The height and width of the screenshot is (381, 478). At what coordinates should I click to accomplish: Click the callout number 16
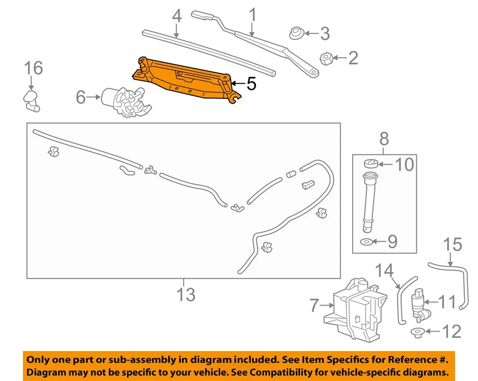click(33, 68)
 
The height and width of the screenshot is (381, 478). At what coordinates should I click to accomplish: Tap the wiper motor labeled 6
click(124, 99)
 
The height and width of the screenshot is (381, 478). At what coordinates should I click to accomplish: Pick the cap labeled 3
click(297, 33)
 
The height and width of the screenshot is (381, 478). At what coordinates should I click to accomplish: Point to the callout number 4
click(176, 16)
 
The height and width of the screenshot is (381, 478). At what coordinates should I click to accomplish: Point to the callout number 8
click(384, 139)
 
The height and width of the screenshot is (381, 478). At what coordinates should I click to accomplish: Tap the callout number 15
click(453, 245)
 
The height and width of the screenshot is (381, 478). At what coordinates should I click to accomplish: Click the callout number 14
click(384, 271)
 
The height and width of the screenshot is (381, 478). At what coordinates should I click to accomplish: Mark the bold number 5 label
click(251, 84)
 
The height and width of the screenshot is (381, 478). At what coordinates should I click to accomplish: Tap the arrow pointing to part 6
click(93, 98)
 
